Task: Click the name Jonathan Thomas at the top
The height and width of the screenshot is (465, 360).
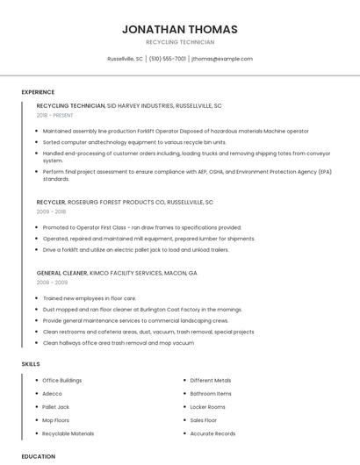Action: [180, 29]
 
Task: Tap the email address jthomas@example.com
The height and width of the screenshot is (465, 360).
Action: [222, 59]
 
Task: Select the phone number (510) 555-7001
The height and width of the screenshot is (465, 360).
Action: [168, 59]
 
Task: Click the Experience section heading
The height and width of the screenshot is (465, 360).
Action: [38, 91]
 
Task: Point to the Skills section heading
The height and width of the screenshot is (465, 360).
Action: [31, 362]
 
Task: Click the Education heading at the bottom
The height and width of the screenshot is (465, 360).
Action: [39, 456]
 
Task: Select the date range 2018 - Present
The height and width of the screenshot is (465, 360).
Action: [54, 115]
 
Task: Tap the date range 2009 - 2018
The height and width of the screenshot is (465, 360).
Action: [51, 211]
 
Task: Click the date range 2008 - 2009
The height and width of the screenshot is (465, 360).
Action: [52, 283]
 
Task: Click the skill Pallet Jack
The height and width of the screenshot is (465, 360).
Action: [55, 407]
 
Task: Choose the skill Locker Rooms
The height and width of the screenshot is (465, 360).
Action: [207, 407]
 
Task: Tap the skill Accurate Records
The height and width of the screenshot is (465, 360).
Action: [212, 433]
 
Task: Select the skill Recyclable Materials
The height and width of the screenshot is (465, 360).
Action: [68, 433]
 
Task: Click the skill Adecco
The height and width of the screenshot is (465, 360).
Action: [52, 394]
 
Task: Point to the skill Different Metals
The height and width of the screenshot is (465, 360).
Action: [211, 380]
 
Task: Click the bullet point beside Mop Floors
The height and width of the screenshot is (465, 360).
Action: [36, 420]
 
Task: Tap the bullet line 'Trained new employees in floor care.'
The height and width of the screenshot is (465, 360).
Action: [90, 298]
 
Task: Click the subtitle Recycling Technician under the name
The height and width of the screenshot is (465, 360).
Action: [180, 42]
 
